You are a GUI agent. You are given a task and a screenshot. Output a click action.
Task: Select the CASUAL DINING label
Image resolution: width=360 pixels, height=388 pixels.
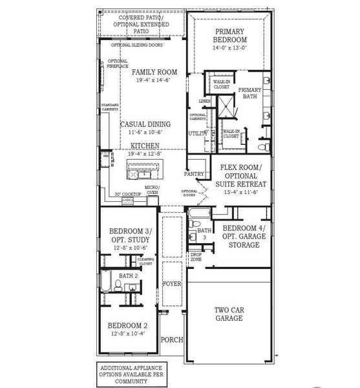point(145,124)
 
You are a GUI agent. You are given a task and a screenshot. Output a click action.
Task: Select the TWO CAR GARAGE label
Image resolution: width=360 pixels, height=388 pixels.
point(229,314)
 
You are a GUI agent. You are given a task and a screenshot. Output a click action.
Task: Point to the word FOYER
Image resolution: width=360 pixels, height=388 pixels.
point(171,283)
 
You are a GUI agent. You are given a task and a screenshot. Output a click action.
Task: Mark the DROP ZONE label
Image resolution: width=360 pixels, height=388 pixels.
point(196,257)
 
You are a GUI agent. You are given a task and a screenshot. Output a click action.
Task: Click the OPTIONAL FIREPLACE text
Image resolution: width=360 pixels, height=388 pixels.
point(118,63)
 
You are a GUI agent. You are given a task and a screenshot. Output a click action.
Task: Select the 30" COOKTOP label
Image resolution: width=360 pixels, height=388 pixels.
point(128,194)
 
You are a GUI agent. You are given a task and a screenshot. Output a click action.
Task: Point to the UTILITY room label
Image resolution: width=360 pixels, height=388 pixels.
point(196,133)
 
